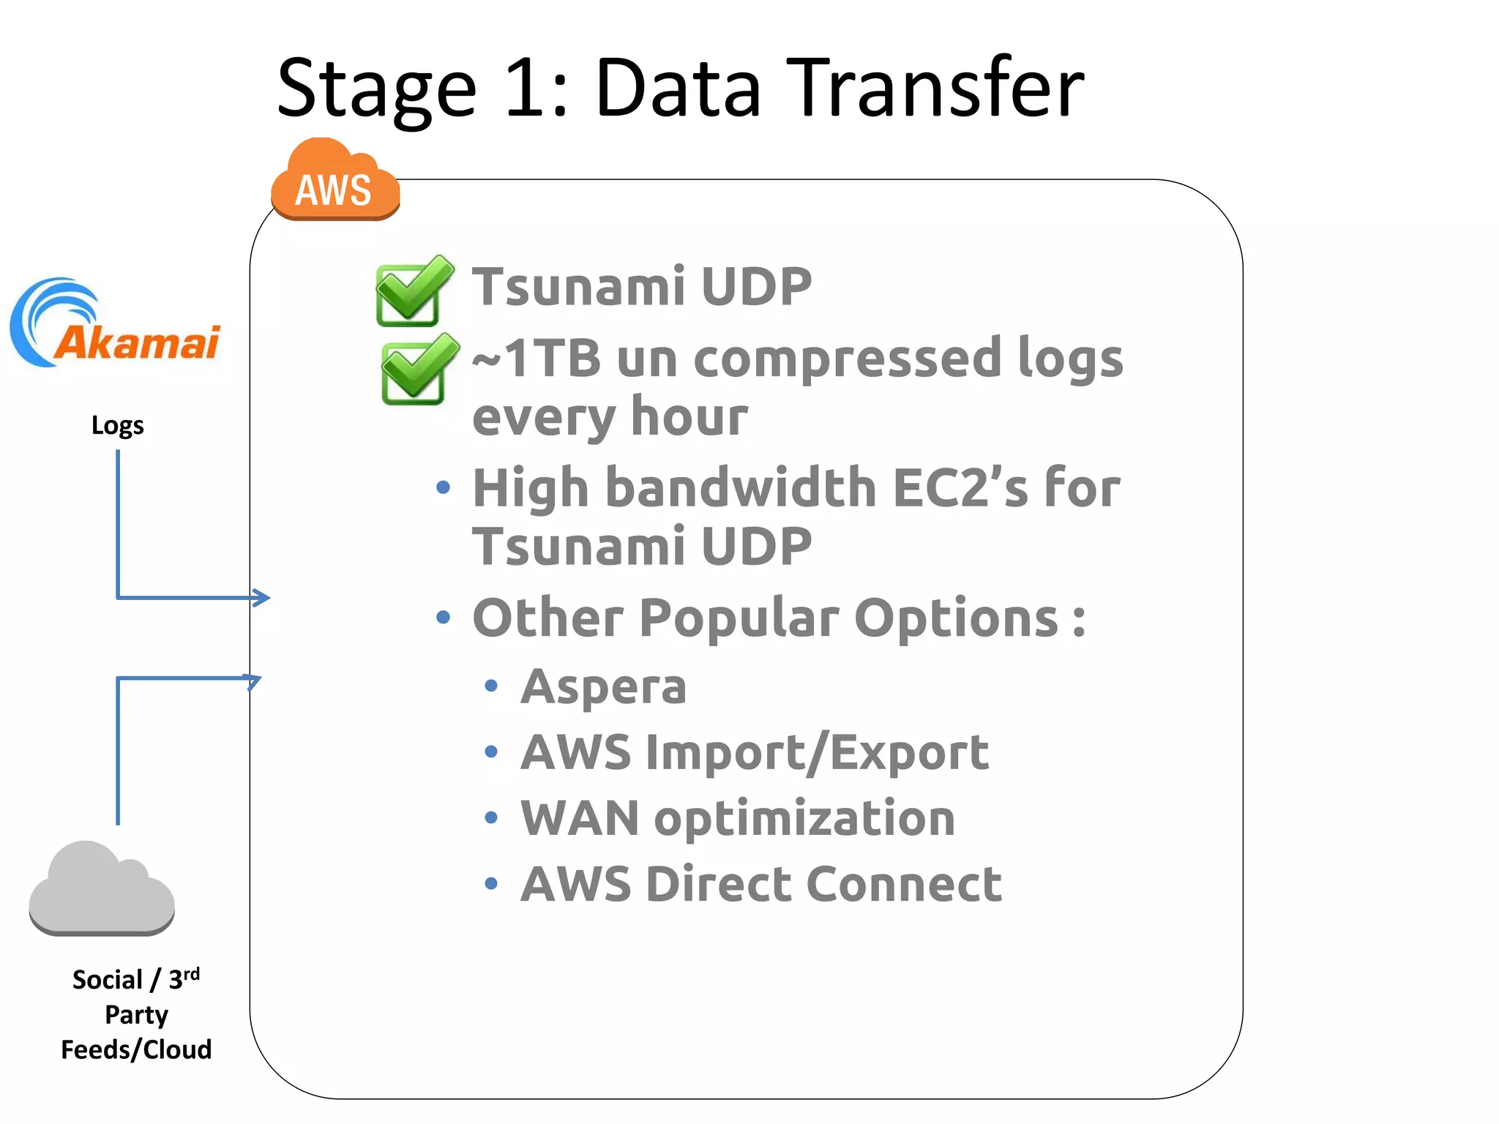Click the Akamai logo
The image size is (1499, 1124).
pos(116,326)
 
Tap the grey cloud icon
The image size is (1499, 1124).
pos(102,890)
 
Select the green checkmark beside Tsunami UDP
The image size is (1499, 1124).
pos(414,291)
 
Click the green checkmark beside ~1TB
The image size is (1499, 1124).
pos(419,370)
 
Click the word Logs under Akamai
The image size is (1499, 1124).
pos(117,425)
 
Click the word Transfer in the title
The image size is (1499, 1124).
pos(935,89)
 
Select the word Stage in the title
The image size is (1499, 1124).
pos(376,89)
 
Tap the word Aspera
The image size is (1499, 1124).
pos(603,687)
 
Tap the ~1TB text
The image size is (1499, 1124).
pos(537,359)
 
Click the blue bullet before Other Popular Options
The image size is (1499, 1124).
pos(443,618)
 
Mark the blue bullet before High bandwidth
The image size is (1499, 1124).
pos(443,487)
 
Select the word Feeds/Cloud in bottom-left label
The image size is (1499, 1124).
pos(136,1049)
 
